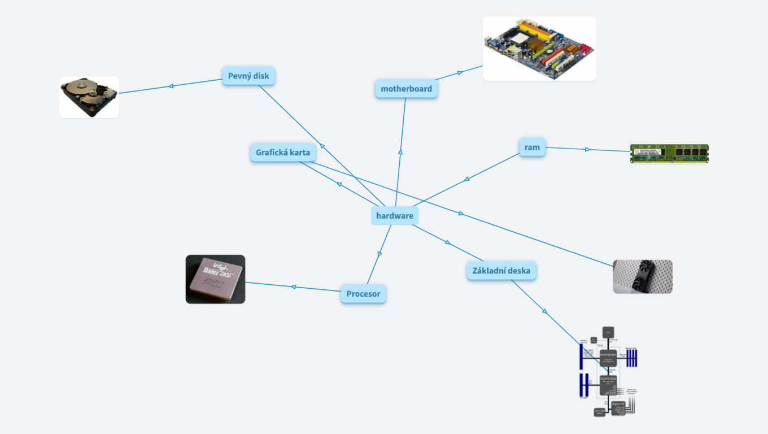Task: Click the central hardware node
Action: (395, 215)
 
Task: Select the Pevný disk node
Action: (248, 76)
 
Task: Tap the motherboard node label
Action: (406, 89)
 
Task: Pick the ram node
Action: (532, 147)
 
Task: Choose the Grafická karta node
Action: (283, 153)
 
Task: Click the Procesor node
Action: (363, 294)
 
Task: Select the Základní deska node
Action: (501, 271)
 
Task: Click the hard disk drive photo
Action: (89, 97)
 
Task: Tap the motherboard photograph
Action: (539, 49)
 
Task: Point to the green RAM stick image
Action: (669, 153)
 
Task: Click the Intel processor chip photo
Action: (215, 279)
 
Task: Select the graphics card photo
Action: (643, 276)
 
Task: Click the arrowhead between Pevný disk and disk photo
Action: (171, 86)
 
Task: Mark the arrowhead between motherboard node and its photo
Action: (460, 72)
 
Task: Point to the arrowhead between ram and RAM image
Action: (587, 149)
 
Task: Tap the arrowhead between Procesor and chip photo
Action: (293, 287)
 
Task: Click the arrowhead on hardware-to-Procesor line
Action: (379, 254)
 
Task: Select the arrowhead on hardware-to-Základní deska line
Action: (448, 242)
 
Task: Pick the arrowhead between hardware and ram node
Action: (466, 180)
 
